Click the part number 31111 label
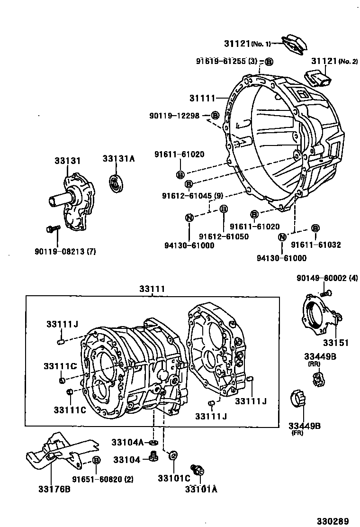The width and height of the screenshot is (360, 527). coord(202,98)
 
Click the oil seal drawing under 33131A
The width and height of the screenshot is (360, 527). coord(116,183)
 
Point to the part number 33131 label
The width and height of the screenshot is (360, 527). coord(66,161)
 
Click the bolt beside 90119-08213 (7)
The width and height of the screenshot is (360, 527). coord(52,229)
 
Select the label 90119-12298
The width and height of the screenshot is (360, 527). coord(173,115)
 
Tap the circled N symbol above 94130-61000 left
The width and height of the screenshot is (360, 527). coord(189,218)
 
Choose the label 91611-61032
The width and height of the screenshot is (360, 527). coord(315,245)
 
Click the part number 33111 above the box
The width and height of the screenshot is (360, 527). coord(152,289)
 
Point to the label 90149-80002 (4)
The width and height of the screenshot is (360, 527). coord(327,279)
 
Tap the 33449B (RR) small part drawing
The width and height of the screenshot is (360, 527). coord(318,378)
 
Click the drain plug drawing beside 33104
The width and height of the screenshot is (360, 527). coord(153,456)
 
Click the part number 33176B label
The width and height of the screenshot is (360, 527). coord(54,489)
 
